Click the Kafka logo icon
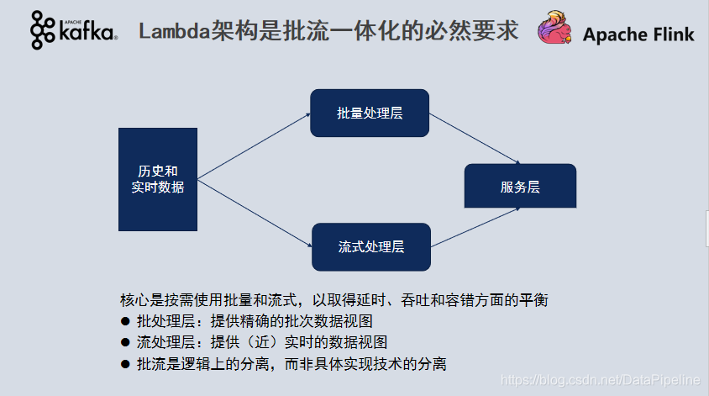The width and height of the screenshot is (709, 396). tap(43, 31)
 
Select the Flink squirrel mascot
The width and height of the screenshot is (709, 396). tap(557, 31)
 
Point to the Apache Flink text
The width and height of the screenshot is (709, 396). tap(638, 34)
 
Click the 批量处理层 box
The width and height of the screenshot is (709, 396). tap(370, 113)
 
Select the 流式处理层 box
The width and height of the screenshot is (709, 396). tap(370, 246)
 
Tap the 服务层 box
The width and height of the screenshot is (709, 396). tap(520, 187)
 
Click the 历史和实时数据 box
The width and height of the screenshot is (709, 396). tap(158, 179)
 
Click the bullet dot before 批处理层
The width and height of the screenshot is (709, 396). tap(125, 321)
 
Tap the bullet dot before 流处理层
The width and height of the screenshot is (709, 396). tap(125, 342)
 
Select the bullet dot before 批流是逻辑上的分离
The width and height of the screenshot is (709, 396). tap(125, 364)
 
